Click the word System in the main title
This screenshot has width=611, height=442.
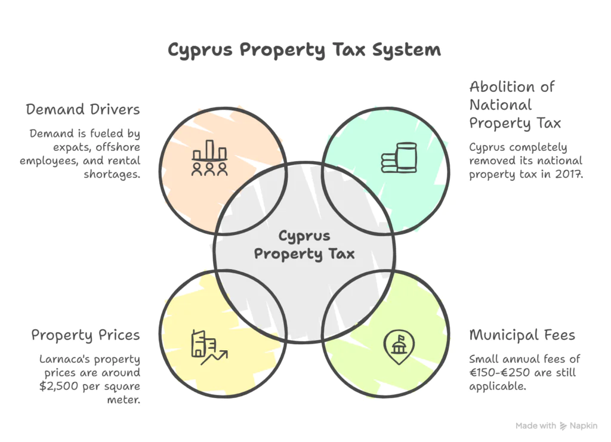pos(406,50)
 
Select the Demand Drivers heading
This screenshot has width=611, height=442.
pos(82,109)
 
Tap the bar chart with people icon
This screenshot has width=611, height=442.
pos(209,158)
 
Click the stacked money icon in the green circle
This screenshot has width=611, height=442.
pos(399,157)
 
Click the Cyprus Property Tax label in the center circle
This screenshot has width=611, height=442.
pos(304,245)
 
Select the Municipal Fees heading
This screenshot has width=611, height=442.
pos(522,335)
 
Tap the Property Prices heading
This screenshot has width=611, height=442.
pos(85,335)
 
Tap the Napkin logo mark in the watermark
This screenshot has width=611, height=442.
pos(563,426)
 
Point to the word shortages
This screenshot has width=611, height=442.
pos(112,174)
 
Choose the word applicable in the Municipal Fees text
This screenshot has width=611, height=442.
pos(498,387)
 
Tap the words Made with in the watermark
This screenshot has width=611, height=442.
pos(536,426)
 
